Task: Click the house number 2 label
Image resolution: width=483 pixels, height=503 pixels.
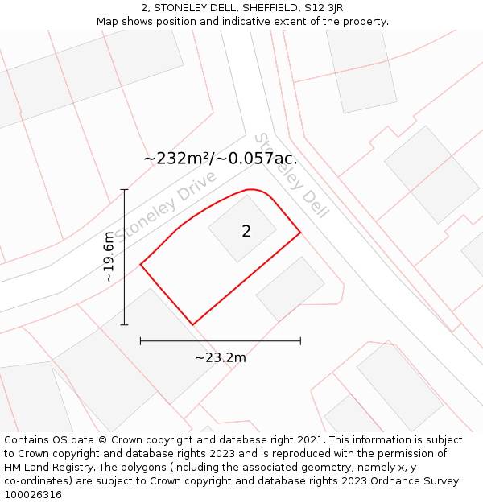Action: (246, 232)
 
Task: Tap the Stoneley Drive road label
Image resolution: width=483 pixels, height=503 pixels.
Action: (166, 206)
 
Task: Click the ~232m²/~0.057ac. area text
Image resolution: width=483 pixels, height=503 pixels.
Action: (221, 159)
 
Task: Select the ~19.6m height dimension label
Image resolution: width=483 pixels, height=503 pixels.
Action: (109, 257)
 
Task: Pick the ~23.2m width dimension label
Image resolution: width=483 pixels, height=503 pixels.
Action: (221, 357)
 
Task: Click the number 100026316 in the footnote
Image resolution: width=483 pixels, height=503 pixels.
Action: (35, 495)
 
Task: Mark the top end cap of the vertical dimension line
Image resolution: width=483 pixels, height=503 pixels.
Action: (124, 190)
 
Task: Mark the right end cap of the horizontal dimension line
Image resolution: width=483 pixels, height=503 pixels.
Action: (300, 341)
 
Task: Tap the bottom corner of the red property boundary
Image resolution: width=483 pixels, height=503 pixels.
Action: (192, 325)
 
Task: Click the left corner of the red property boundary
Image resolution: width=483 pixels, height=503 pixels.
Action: (141, 264)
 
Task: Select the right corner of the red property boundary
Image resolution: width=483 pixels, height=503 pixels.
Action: (300, 233)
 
